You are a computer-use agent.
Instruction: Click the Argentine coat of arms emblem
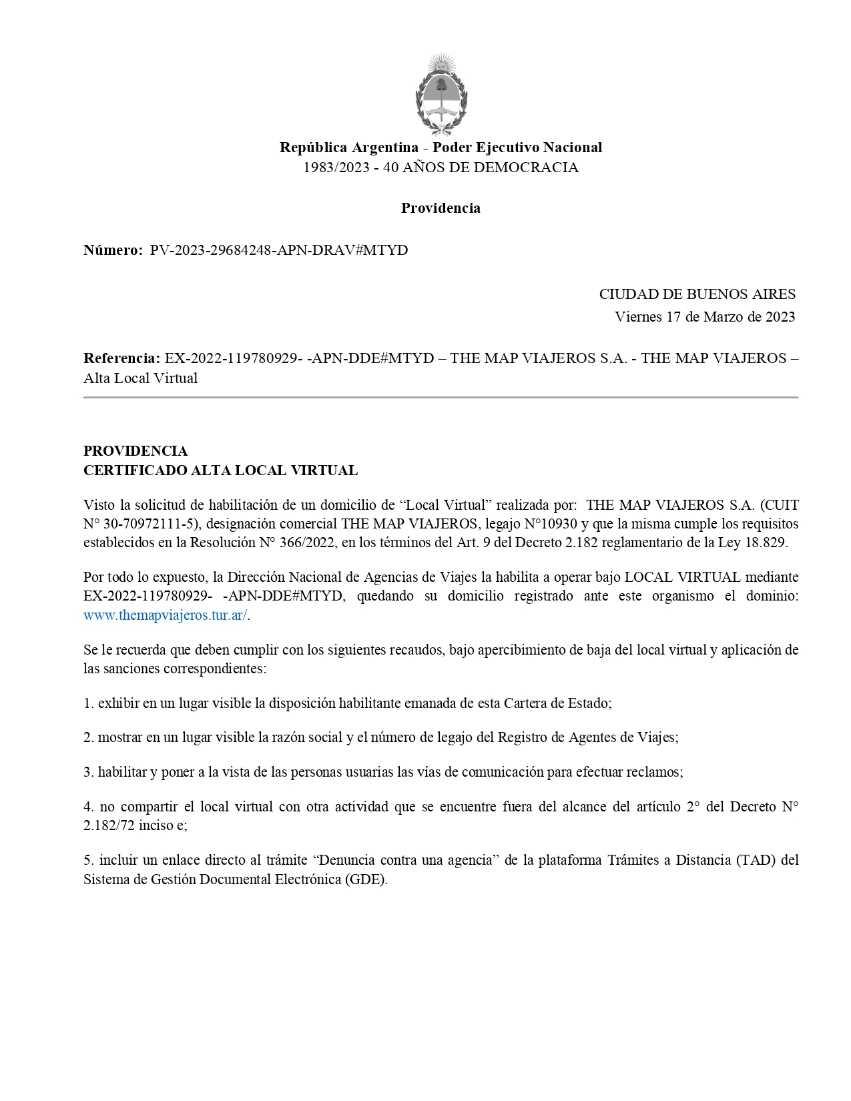441,95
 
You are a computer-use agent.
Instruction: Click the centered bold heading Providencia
441,208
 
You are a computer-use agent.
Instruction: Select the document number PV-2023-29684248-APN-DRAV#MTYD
279,250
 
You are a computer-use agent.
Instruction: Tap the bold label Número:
113,250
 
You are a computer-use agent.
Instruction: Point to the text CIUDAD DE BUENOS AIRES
697,294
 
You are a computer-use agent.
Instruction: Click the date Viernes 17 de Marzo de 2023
705,317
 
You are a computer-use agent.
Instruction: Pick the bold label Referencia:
121,358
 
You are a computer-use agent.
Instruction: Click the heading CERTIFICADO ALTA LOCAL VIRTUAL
220,470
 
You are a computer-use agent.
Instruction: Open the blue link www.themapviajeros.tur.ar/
166,615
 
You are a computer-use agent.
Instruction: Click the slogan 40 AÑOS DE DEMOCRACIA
481,167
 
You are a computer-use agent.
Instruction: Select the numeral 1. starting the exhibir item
89,703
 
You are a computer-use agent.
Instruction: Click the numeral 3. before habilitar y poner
89,772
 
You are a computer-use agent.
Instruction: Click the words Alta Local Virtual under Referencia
141,378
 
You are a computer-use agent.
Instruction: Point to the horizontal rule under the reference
441,398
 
